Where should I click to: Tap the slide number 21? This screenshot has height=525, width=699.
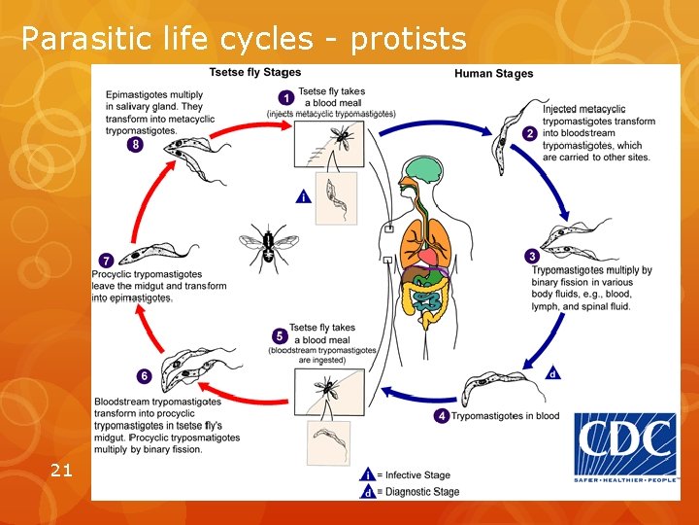click(60, 471)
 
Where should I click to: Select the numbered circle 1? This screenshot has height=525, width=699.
click(286, 97)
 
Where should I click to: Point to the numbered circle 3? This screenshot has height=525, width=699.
click(532, 257)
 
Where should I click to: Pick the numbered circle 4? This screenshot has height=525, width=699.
click(443, 416)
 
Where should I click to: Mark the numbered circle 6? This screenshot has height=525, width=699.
click(144, 375)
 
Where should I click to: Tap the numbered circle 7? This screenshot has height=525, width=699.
click(105, 260)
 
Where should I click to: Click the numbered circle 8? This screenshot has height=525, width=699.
click(135, 144)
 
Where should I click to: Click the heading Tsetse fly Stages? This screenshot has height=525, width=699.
click(255, 72)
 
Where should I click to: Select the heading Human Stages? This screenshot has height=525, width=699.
click(493, 74)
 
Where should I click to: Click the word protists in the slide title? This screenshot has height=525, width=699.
click(408, 39)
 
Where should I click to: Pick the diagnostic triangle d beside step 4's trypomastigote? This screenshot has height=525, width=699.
click(552, 372)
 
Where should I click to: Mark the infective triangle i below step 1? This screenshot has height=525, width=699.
click(305, 195)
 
